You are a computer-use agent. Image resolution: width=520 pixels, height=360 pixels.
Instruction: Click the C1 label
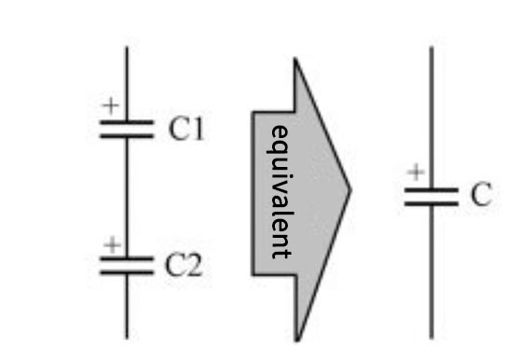tap(186, 130)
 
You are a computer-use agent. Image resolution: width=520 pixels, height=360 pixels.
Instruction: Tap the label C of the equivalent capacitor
tap(480, 196)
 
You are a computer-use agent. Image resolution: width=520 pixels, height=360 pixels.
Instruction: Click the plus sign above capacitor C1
tap(111, 106)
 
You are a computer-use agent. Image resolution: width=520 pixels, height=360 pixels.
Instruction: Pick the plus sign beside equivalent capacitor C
tap(417, 173)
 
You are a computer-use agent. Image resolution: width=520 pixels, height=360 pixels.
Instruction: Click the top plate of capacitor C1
tap(127, 122)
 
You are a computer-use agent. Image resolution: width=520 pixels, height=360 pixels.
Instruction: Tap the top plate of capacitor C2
tap(127, 260)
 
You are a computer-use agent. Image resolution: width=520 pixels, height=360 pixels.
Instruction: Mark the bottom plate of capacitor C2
tap(127, 272)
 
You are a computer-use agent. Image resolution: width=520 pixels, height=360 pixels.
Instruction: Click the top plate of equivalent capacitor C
tap(431, 189)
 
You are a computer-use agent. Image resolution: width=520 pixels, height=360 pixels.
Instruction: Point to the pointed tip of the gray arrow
tap(349, 190)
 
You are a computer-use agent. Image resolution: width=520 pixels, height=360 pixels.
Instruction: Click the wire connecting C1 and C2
tap(127, 196)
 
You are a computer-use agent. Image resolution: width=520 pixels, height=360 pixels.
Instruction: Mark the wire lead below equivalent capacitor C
tap(431, 270)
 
